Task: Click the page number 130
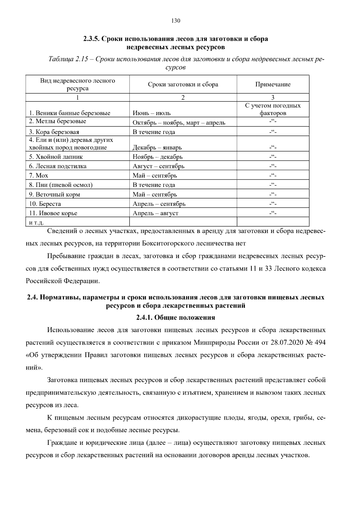click(175, 21)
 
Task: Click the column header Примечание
click(273, 85)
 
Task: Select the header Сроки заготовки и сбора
click(183, 85)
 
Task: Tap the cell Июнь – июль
click(152, 113)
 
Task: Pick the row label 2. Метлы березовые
click(58, 121)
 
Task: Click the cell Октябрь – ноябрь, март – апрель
click(179, 123)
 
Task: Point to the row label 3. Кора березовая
click(54, 132)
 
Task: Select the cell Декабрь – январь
click(157, 148)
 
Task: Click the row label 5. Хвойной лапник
click(56, 157)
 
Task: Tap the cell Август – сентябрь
click(158, 166)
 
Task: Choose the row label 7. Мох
click(38, 175)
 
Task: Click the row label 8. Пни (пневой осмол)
click(61, 185)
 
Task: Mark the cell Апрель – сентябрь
click(159, 204)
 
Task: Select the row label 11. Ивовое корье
click(53, 213)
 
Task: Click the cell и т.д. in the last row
click(36, 223)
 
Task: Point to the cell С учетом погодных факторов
click(273, 109)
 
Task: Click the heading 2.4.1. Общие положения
click(175, 318)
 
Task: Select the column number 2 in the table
click(183, 97)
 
